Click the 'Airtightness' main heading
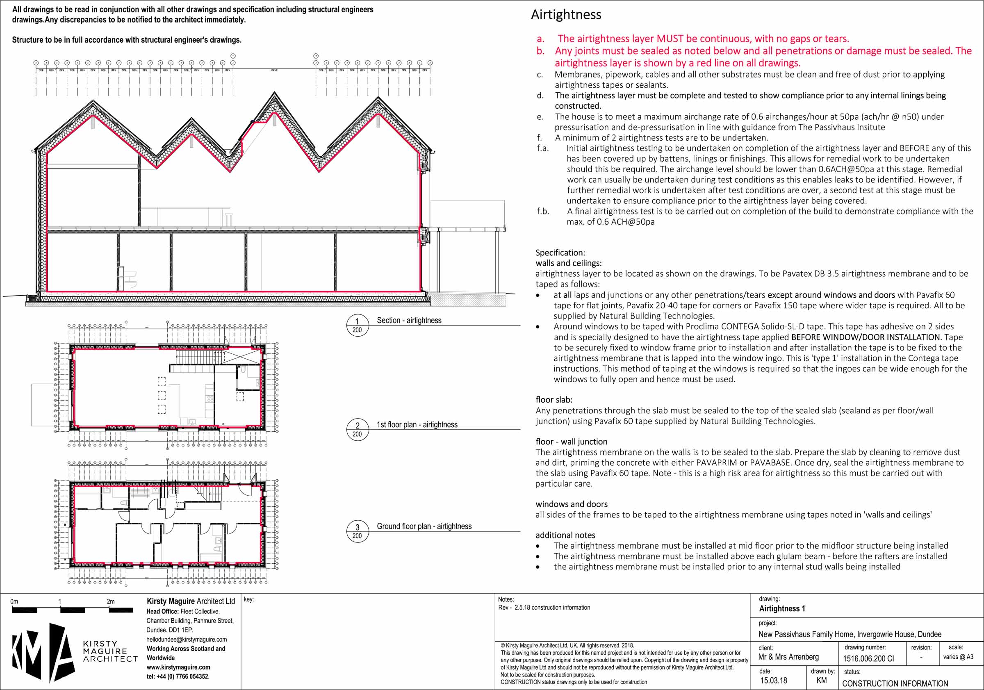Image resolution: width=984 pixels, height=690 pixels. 566,15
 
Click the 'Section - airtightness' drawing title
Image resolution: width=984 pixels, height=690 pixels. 409,320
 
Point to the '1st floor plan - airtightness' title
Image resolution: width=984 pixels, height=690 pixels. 417,424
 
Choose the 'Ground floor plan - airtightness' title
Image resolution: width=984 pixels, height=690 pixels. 424,526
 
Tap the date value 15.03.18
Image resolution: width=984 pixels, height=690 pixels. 774,680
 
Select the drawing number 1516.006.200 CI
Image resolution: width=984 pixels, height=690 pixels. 868,659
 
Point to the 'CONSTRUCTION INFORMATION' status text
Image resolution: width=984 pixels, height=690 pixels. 895,683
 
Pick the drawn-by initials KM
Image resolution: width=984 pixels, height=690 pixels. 822,680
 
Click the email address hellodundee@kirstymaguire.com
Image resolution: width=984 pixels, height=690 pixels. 187,640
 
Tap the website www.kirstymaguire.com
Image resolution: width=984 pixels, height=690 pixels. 178,667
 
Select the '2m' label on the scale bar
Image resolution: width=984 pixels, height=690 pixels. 111,601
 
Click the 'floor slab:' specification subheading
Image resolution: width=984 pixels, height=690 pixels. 554,400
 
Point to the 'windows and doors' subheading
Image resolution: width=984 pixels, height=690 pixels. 571,504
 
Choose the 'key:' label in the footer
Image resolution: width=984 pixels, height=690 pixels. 248,599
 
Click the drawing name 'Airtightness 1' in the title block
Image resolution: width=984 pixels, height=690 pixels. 782,608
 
